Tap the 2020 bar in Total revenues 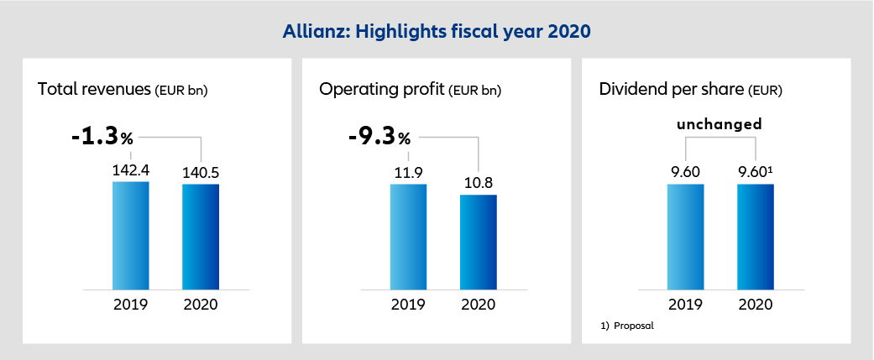point(201,237)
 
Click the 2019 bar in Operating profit point(408,236)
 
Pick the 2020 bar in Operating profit point(478,242)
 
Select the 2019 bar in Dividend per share point(685,236)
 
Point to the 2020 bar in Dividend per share point(755,236)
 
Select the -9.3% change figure point(379,136)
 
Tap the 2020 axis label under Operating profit point(478,304)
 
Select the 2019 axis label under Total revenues point(130,304)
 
